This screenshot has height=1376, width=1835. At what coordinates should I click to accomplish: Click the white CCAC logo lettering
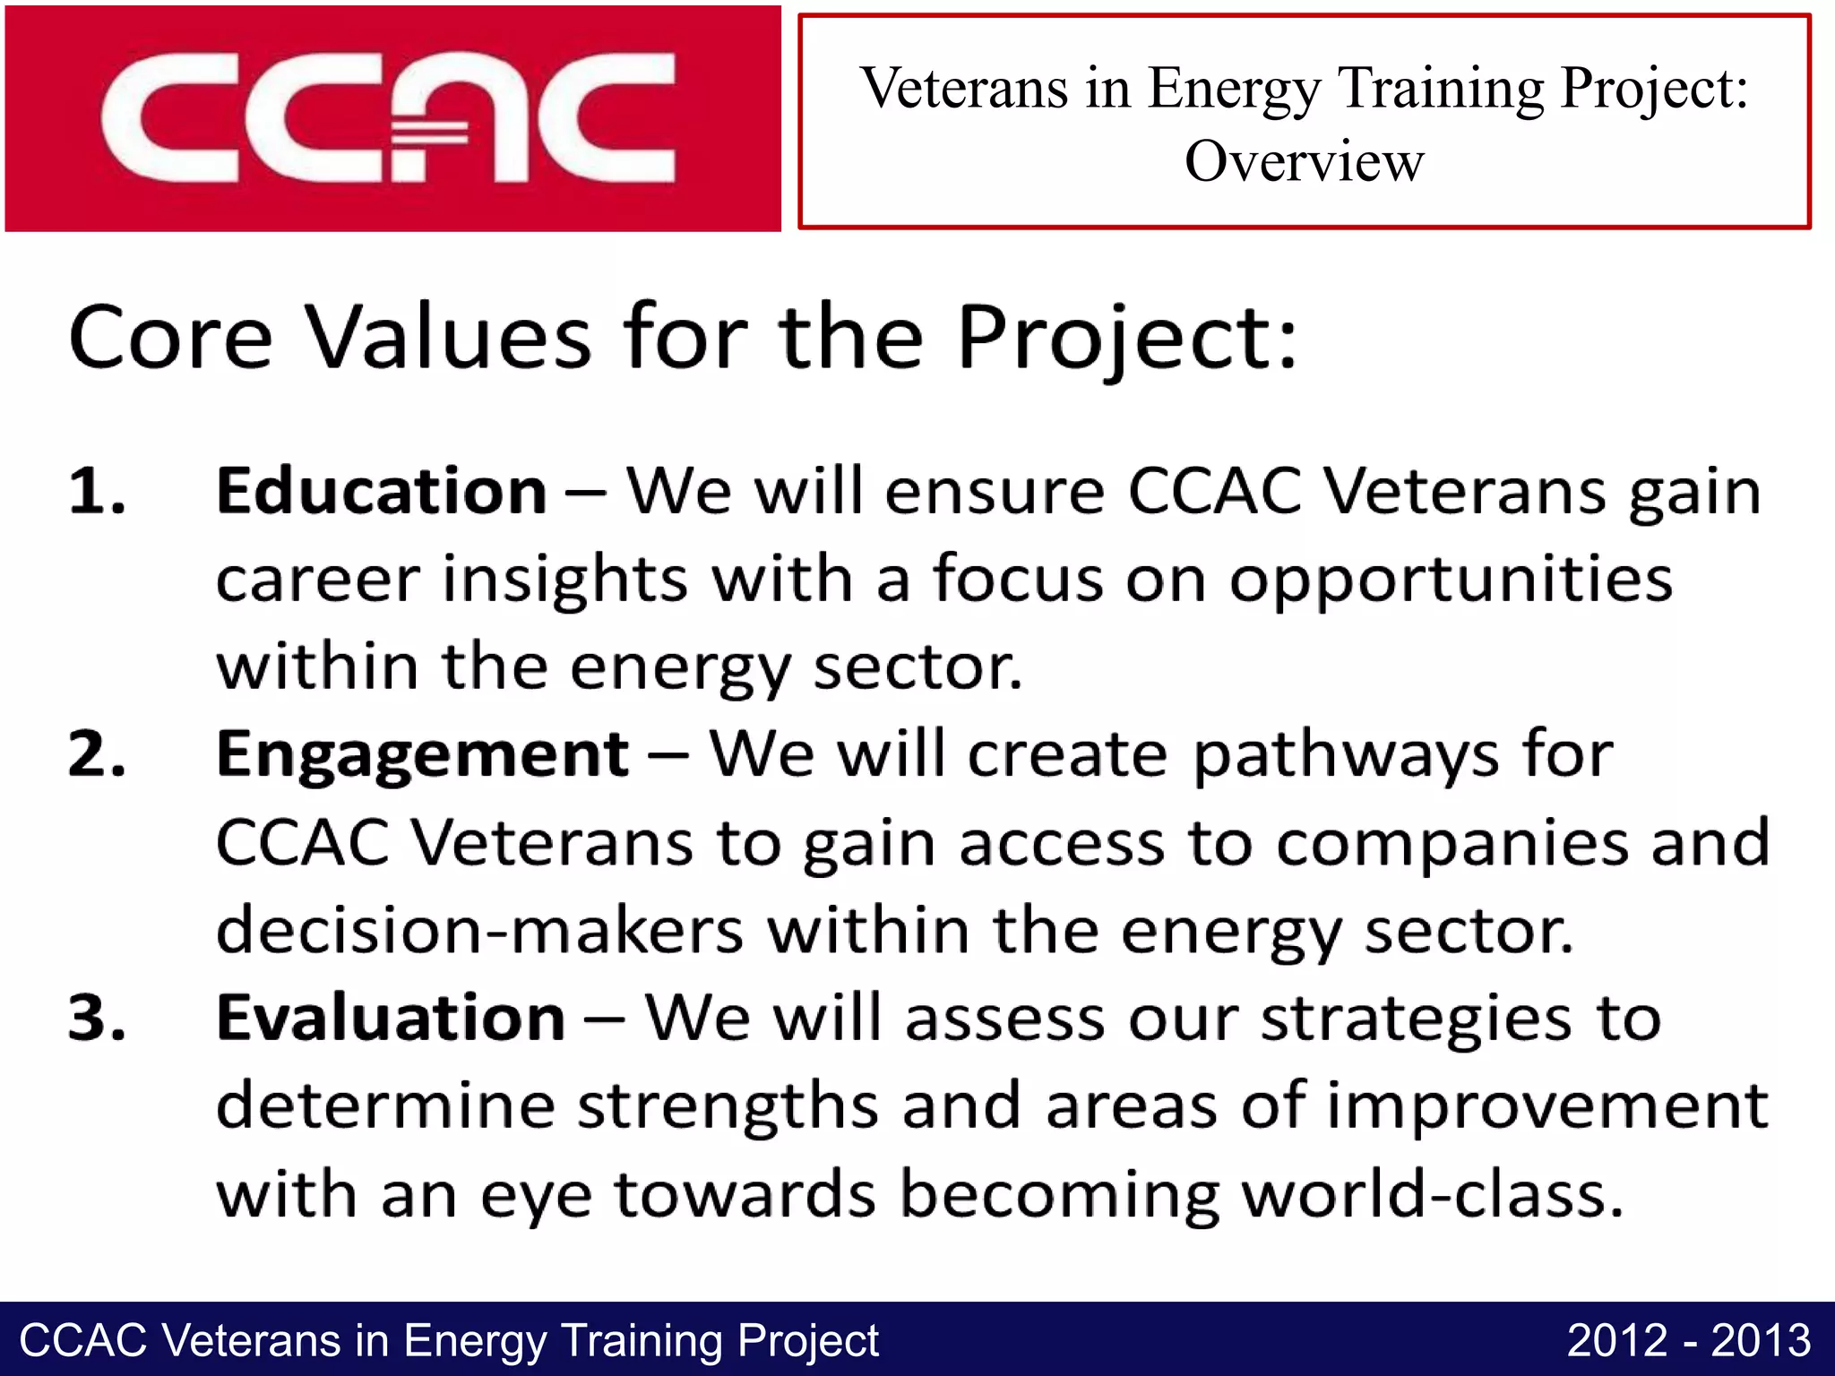(x=387, y=118)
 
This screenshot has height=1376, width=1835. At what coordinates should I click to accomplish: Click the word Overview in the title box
(x=1304, y=162)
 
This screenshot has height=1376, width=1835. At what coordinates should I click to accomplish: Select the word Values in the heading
(x=448, y=337)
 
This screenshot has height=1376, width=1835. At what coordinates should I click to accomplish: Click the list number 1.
(x=96, y=492)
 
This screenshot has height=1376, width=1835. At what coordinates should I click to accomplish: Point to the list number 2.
(x=96, y=754)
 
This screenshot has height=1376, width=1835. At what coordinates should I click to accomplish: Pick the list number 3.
(x=96, y=1019)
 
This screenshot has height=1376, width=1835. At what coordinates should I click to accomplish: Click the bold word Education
(x=381, y=492)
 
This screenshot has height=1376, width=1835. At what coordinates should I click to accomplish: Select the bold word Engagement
(x=422, y=755)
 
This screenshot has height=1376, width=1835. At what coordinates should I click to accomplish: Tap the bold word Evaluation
(x=391, y=1019)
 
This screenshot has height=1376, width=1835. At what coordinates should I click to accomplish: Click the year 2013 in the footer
(x=1761, y=1341)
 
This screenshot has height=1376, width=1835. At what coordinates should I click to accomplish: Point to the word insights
(x=564, y=580)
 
